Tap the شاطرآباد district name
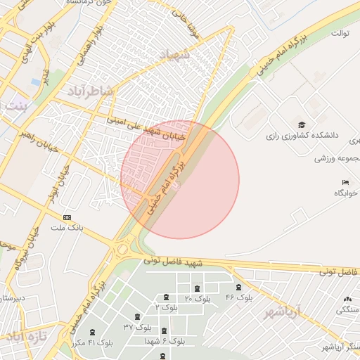[x=90, y=91]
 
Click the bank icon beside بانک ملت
[x=67, y=217]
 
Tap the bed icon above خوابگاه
[x=335, y=182]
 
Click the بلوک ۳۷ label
[x=138, y=327]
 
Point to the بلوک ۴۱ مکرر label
[x=91, y=342]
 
